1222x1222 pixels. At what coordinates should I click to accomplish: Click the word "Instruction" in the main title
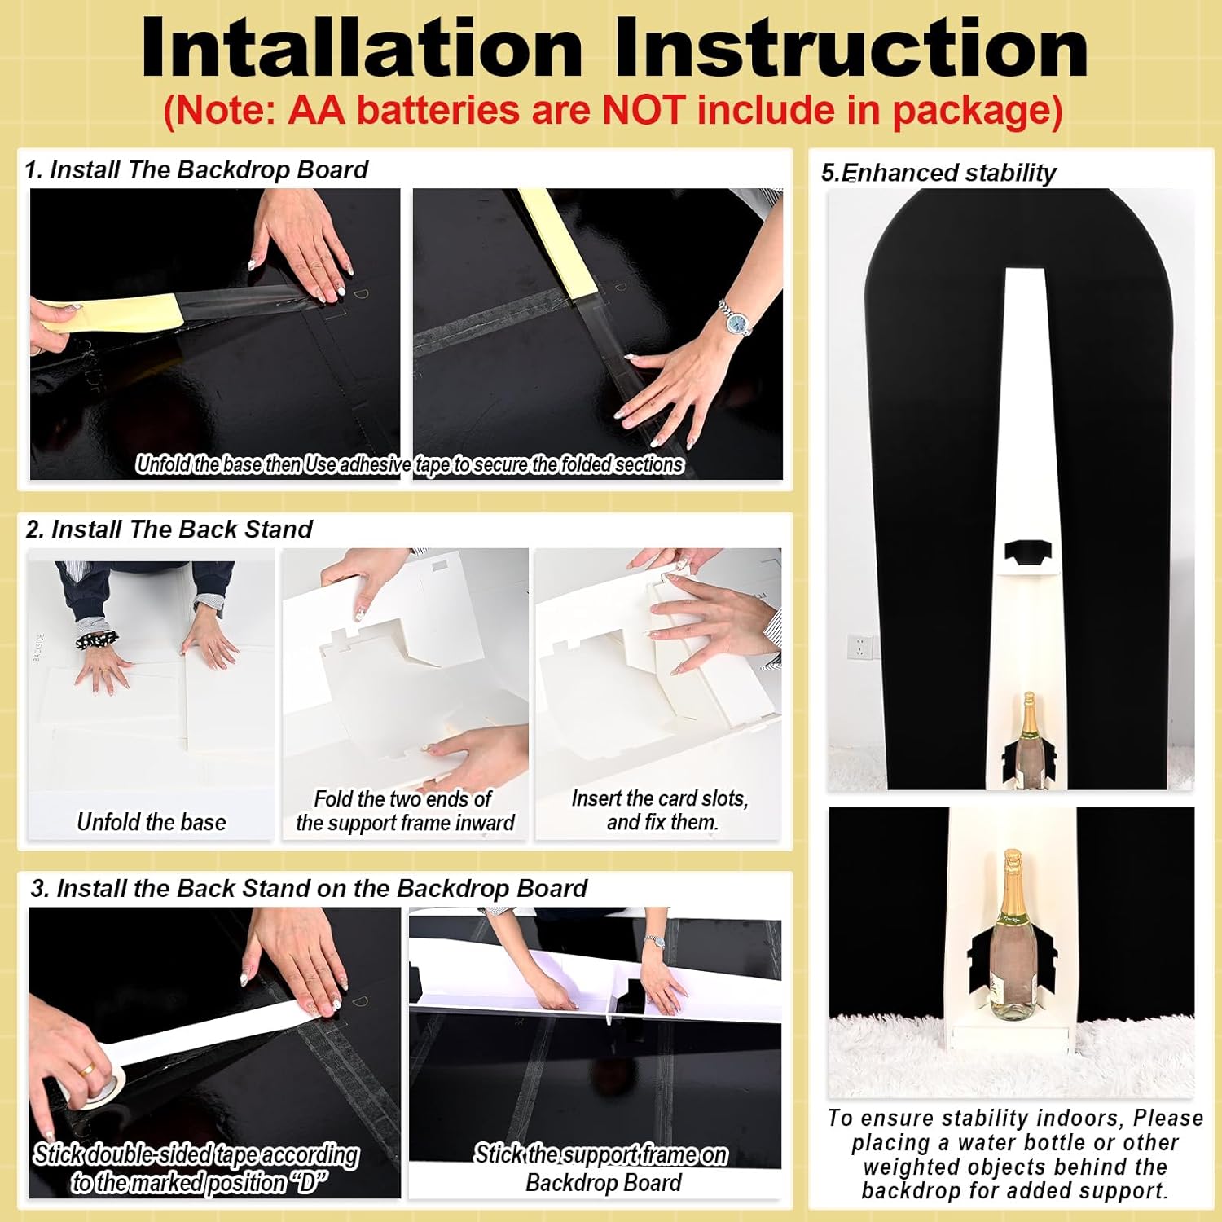click(x=851, y=48)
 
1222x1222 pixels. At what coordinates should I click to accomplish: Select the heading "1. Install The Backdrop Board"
click(x=196, y=170)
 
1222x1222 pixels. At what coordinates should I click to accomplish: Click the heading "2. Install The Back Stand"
click(x=169, y=530)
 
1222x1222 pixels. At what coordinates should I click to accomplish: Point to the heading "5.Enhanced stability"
click(x=938, y=173)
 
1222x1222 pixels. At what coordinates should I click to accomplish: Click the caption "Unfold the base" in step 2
click(x=152, y=822)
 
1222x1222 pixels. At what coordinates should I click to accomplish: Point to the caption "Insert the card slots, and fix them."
click(x=660, y=810)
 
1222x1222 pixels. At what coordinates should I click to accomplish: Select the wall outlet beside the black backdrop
click(x=859, y=647)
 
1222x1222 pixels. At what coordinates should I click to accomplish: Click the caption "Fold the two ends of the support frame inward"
click(x=405, y=811)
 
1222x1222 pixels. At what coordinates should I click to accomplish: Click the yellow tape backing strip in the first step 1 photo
click(x=110, y=314)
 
